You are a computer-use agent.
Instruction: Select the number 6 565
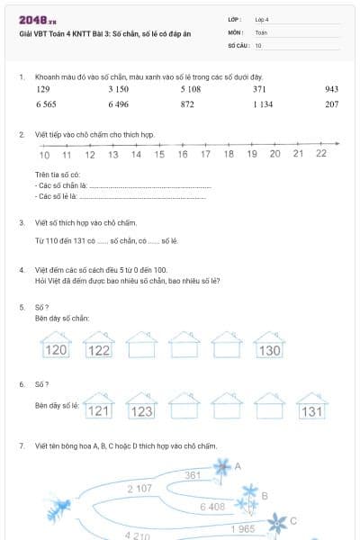[x=46, y=104]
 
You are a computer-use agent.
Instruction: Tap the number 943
[x=331, y=89]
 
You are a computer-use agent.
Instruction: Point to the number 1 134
[x=263, y=104]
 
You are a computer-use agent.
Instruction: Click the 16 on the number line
[x=183, y=154]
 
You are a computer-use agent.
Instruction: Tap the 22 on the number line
[x=321, y=154]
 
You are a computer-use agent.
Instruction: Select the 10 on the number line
[x=44, y=154]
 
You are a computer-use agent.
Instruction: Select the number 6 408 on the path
[x=212, y=508]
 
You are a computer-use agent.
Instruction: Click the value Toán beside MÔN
[x=261, y=31]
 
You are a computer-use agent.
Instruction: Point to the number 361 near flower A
[x=193, y=474]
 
